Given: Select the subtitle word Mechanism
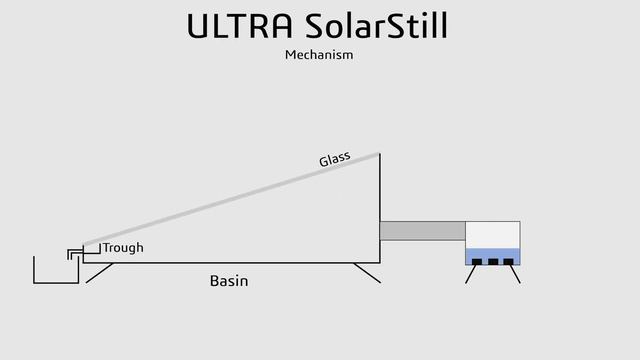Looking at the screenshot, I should [319, 55].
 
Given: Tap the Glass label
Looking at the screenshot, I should [334, 158].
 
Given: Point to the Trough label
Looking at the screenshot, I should [123, 247].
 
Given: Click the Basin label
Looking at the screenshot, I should [228, 281].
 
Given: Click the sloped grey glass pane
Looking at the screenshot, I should [230, 198].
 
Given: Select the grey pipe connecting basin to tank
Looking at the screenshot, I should [422, 231].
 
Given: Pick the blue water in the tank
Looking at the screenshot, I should [493, 254].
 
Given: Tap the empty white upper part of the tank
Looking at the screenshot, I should [493, 234].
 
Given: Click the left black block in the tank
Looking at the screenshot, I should [477, 262].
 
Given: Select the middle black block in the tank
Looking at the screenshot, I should [493, 262].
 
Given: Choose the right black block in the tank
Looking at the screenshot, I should [509, 262].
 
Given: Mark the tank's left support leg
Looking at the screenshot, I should [470, 274].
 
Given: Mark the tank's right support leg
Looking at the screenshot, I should [516, 274].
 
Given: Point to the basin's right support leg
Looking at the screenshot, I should [367, 272].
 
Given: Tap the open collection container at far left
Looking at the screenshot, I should [56, 275].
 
